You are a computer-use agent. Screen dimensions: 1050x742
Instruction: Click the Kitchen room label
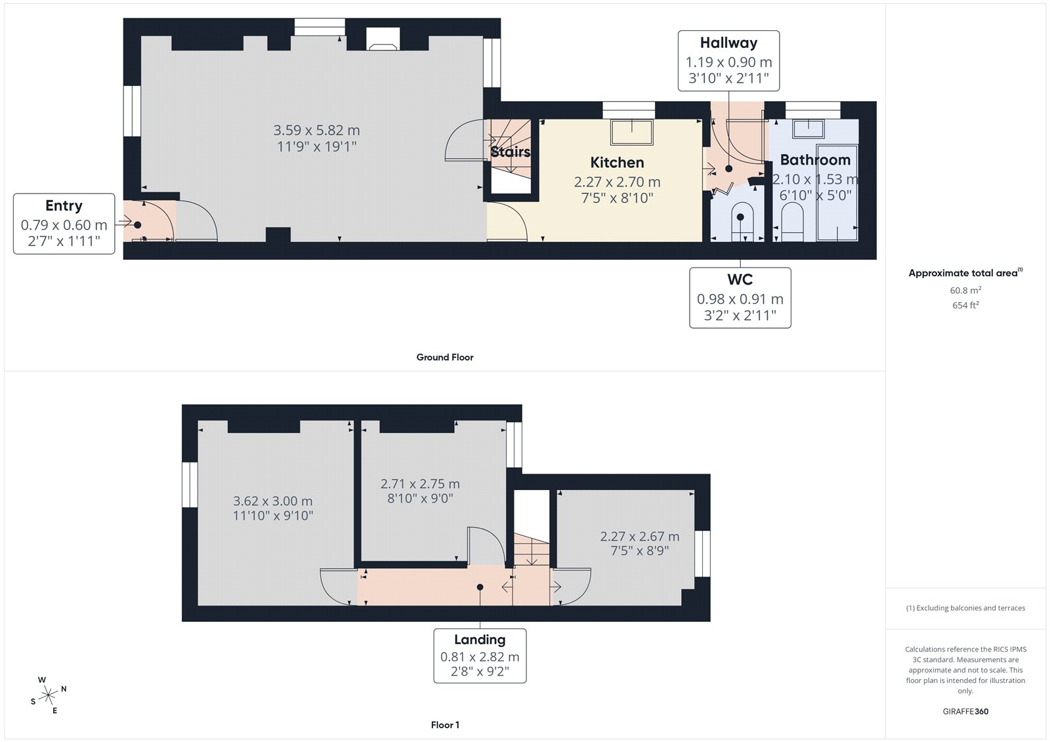point(617,162)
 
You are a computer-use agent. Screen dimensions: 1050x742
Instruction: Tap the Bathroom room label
point(815,160)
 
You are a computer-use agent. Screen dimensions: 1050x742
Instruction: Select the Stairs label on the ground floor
point(511,152)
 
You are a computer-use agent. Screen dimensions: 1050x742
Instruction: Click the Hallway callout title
point(728,43)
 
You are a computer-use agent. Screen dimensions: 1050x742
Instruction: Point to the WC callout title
point(740,279)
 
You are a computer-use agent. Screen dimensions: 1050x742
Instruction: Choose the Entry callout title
point(64,206)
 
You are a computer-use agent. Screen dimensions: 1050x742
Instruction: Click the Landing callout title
point(480,640)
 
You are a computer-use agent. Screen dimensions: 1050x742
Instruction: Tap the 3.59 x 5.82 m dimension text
point(316,130)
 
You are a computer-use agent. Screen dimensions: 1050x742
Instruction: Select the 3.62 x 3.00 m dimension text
point(273,501)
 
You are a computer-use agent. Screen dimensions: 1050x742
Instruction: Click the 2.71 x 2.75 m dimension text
point(420,484)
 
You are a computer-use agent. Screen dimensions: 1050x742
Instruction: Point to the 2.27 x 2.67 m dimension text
point(639,536)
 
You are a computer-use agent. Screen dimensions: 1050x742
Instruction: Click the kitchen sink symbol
point(631,132)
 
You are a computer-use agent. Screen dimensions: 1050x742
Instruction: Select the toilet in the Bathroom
point(793,222)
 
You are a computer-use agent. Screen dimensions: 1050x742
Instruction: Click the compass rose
point(49,695)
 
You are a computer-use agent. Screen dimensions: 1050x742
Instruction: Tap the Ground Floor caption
point(445,357)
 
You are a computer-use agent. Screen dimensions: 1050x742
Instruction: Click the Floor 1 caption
point(445,725)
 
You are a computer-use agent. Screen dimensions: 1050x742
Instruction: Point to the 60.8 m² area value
point(965,290)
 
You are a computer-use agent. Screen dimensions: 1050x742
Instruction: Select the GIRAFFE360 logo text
point(965,711)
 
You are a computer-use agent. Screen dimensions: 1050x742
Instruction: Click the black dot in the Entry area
point(137,225)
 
